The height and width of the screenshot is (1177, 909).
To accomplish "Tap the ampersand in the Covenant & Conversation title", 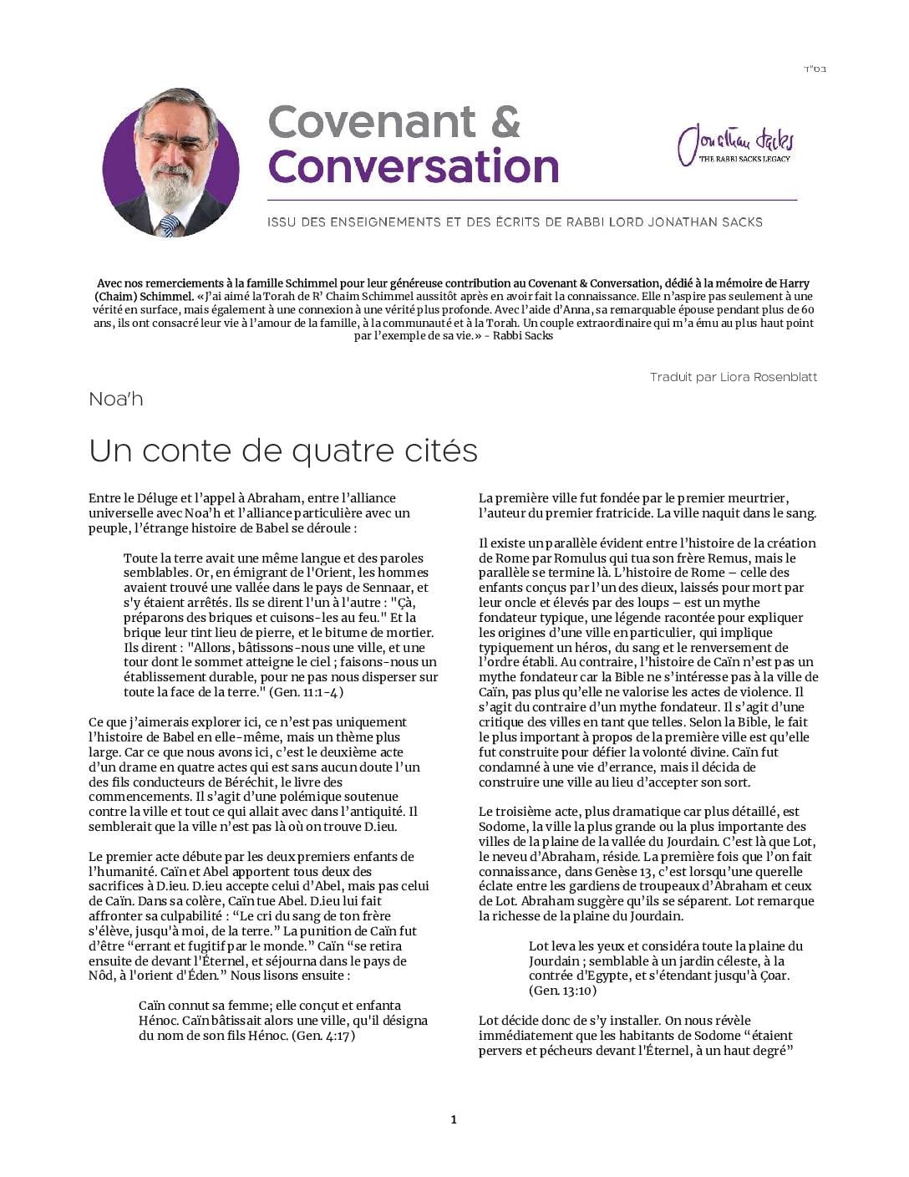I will (x=505, y=122).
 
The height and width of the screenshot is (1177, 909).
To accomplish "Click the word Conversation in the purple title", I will (x=414, y=166).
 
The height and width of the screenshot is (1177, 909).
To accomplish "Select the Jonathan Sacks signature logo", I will (x=736, y=144).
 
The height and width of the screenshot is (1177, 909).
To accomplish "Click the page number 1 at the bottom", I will (x=454, y=1119).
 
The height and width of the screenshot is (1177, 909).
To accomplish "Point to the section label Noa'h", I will (x=116, y=399).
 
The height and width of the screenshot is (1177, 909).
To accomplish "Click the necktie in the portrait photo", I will (x=170, y=223).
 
